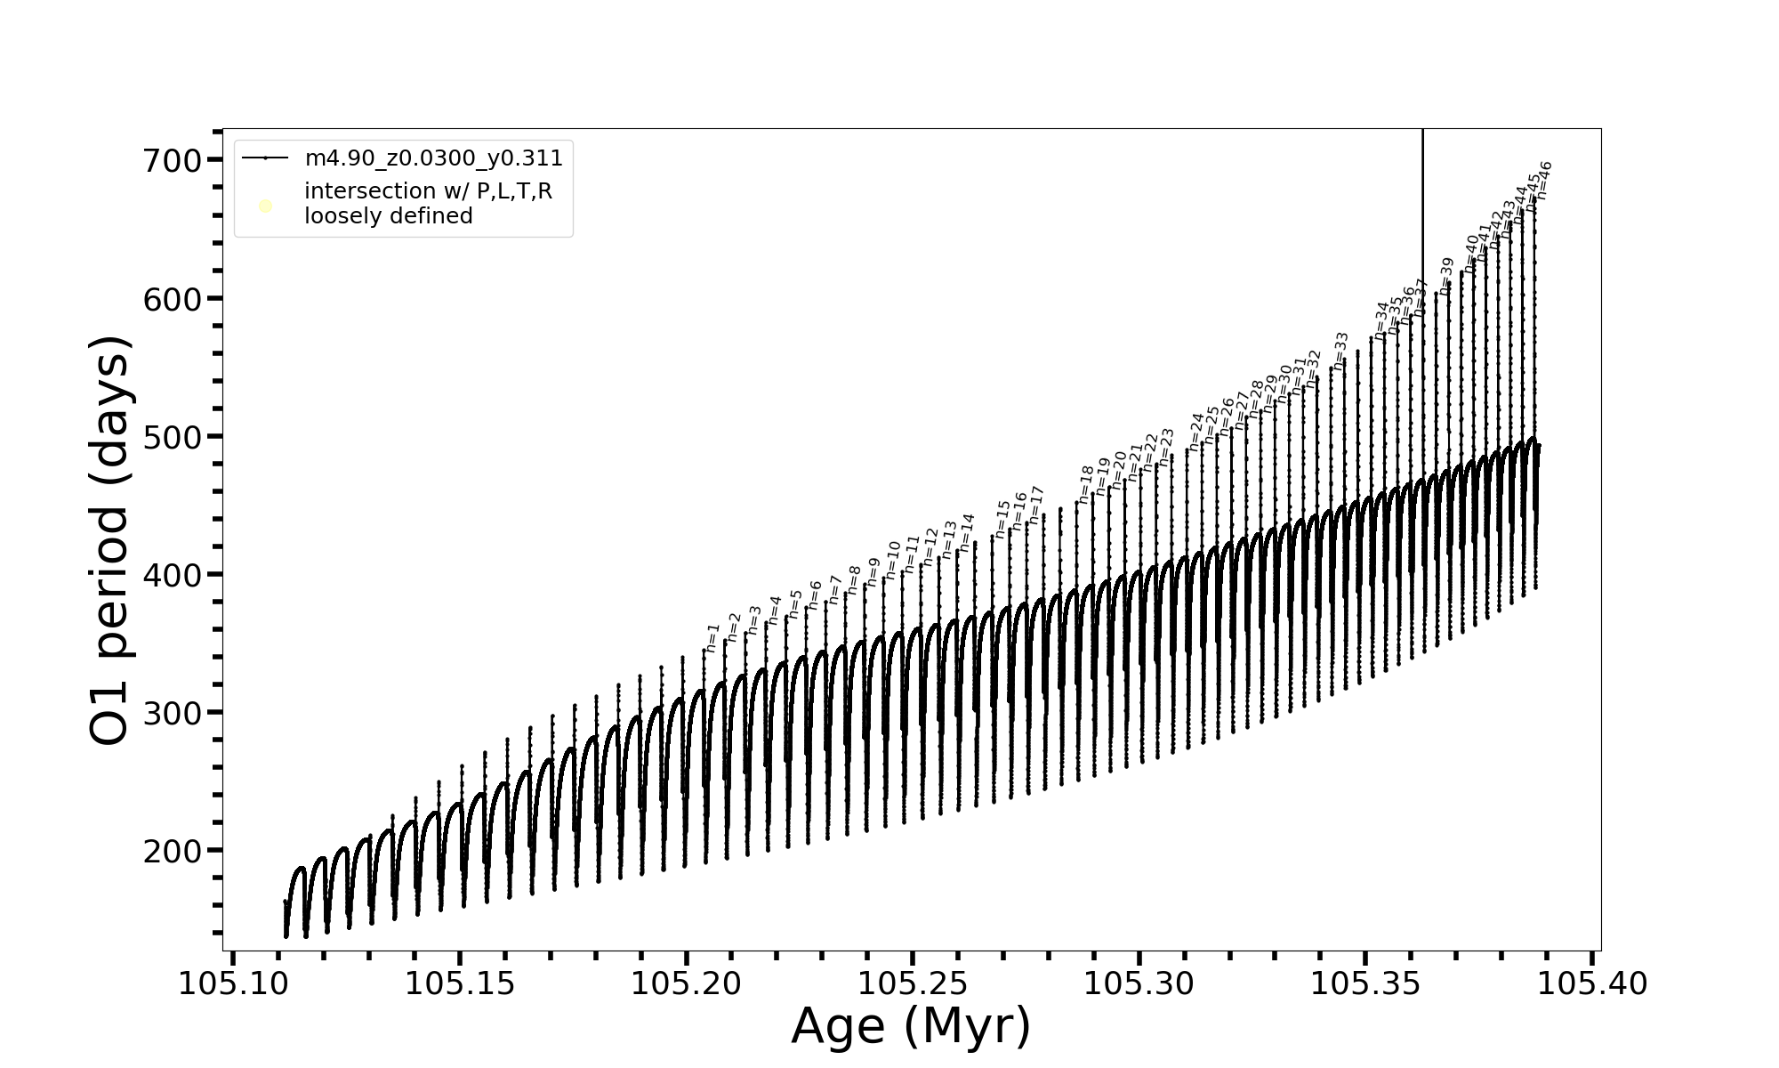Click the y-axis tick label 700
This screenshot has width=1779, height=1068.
point(173,161)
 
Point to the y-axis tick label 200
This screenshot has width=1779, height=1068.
point(173,852)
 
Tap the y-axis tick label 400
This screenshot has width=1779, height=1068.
point(173,576)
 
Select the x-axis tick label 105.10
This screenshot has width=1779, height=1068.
point(233,984)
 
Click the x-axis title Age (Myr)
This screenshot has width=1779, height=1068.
point(911,1025)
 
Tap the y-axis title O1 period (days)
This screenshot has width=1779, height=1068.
point(110,540)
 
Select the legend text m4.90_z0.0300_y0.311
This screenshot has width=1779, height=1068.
point(433,158)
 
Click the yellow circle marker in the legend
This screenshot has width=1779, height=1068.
point(265,206)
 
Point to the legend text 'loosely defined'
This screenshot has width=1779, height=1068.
point(388,216)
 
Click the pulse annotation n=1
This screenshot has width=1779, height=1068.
point(712,637)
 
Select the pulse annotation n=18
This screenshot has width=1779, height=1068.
point(1085,484)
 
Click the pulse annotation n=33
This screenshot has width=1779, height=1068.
point(1340,351)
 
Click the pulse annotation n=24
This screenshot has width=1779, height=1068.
point(1195,431)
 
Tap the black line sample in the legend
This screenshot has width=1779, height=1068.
point(265,158)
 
